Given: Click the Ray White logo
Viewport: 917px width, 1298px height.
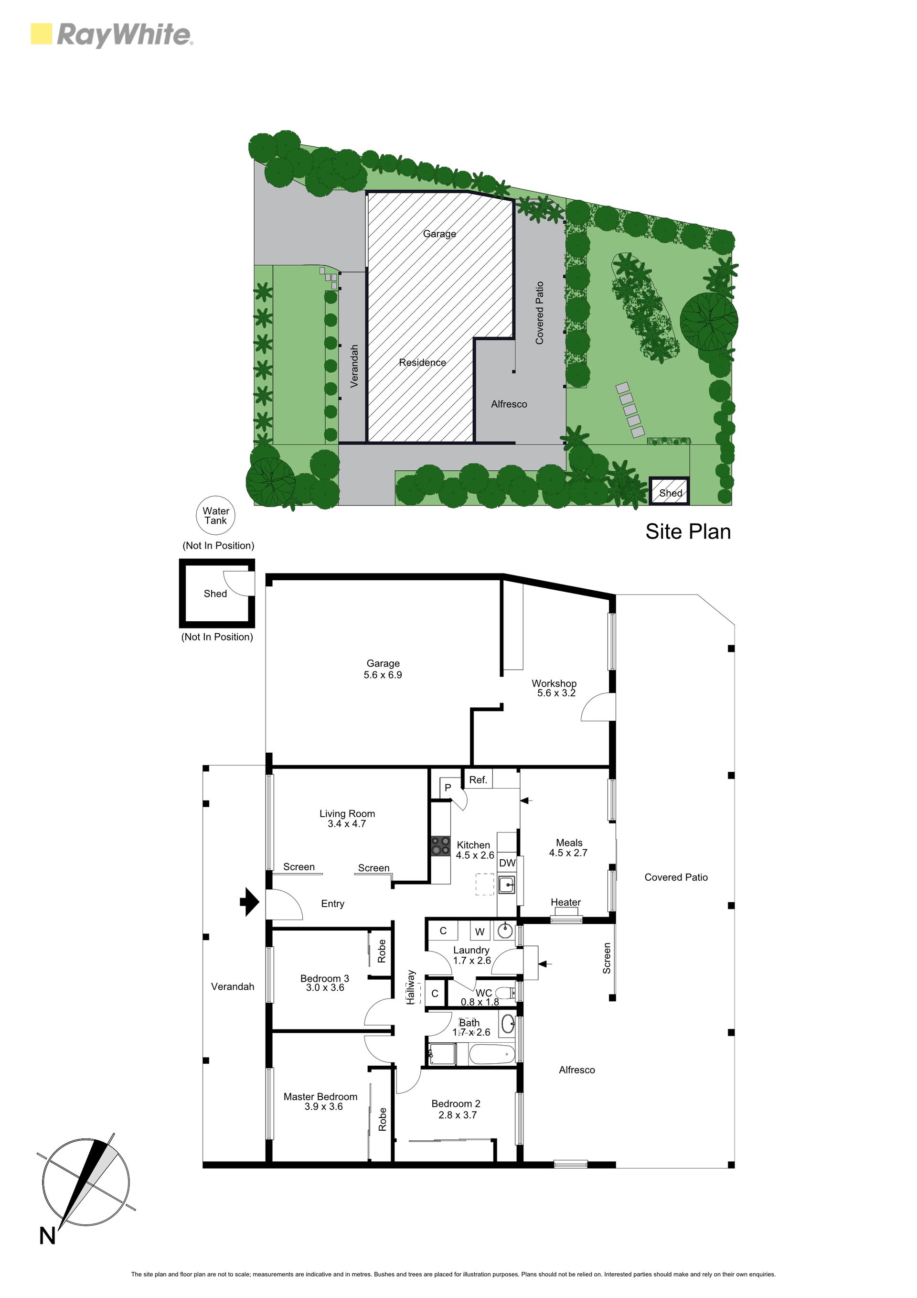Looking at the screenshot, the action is (x=111, y=34).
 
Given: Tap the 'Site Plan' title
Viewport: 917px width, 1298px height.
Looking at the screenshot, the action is (x=688, y=531).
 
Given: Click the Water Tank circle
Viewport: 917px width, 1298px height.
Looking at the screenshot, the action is (x=215, y=516).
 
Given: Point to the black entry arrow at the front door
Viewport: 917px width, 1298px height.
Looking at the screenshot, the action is (x=249, y=902).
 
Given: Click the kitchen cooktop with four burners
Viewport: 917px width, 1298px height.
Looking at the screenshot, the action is (x=441, y=846).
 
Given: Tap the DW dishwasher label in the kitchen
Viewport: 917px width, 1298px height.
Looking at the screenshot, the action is (x=507, y=863).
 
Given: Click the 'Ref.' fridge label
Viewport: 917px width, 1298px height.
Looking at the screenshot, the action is (x=478, y=779).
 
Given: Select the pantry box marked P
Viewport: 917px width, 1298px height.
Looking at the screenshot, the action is (x=448, y=787).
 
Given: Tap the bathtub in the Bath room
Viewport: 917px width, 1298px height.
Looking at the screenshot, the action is (x=492, y=1054).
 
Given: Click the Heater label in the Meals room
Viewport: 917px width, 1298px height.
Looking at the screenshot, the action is (x=565, y=902).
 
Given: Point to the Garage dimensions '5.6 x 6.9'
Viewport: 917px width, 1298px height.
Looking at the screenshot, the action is (x=383, y=674).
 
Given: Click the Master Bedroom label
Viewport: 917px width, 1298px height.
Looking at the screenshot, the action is (x=320, y=1097).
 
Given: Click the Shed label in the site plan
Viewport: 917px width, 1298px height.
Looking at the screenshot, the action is (x=671, y=493).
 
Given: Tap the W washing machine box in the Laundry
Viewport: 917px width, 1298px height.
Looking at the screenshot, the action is (x=480, y=931).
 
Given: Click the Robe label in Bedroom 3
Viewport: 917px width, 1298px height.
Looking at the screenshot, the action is (x=382, y=951).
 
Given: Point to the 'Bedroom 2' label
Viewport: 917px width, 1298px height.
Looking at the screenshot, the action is (x=455, y=1103).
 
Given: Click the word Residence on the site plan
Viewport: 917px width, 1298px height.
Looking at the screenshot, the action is (x=422, y=362).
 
